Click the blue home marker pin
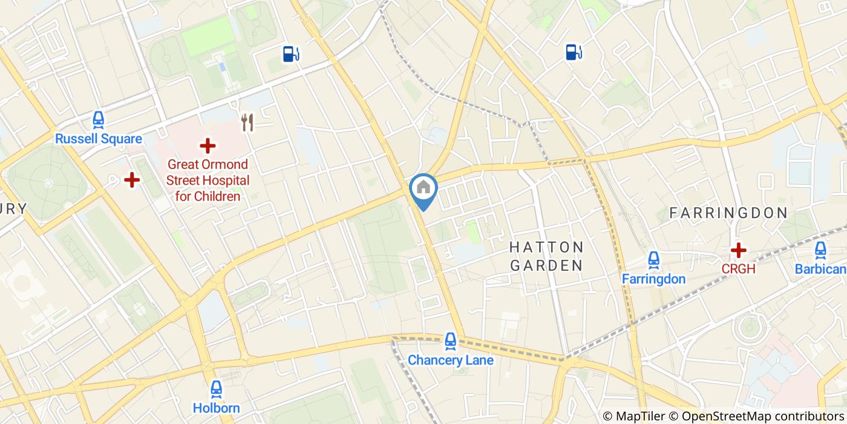[423, 188]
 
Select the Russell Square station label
[99, 139]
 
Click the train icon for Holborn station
[216, 389]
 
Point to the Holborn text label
[216, 408]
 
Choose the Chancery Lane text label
[450, 360]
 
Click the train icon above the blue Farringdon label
[653, 260]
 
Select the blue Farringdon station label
[653, 279]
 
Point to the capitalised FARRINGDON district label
[728, 213]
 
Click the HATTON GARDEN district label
[546, 256]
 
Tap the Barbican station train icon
[820, 250]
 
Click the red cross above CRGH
[737, 250]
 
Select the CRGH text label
[737, 268]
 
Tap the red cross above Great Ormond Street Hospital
[208, 145]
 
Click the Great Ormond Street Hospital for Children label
[208, 180]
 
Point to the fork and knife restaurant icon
[247, 122]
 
